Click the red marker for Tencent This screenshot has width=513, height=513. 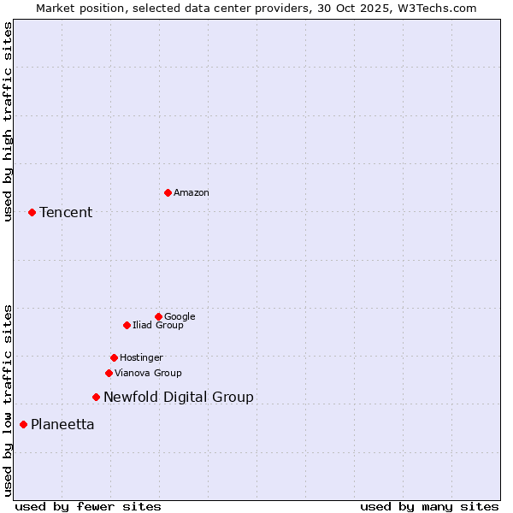32,212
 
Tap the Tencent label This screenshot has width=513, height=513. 66,213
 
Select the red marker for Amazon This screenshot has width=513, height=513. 168,192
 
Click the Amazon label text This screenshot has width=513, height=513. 192,193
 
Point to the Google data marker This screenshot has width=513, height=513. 158,316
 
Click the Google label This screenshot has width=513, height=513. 180,317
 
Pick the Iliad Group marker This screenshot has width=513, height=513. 127,325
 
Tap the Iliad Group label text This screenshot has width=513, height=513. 158,326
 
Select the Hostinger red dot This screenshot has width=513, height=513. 114,357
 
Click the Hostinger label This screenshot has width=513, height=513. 141,358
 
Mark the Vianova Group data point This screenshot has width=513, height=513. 109,373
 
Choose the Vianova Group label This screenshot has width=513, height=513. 148,374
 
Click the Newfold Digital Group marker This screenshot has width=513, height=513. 96,397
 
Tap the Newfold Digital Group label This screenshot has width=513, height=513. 179,398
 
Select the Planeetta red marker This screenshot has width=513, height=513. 23,424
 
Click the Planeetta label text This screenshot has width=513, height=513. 62,425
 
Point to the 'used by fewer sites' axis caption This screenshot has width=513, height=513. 88,506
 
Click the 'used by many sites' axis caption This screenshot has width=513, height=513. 429,506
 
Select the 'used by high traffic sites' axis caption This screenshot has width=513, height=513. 9,121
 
